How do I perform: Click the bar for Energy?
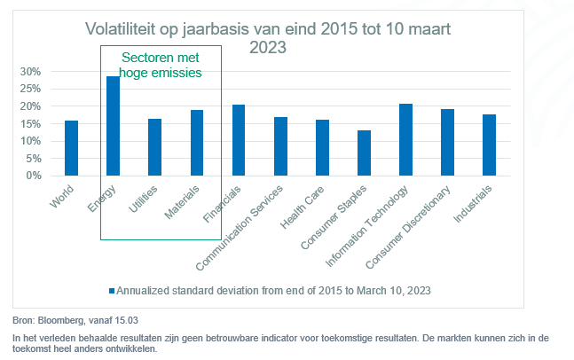click(x=113, y=126)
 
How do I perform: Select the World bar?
click(x=71, y=148)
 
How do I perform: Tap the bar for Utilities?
click(x=154, y=147)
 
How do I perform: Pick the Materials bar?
click(x=197, y=143)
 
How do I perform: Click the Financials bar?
click(x=239, y=140)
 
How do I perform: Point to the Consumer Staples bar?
click(x=364, y=153)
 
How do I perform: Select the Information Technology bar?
click(x=405, y=139)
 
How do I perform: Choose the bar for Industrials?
click(x=489, y=145)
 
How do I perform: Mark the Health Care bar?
click(x=322, y=147)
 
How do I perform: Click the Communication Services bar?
click(x=280, y=146)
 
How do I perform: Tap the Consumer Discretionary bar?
click(x=447, y=142)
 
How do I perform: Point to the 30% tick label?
click(x=30, y=71)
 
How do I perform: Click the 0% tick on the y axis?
click(x=34, y=176)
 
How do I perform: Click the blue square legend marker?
click(x=112, y=290)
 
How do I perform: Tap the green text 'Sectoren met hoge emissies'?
click(x=161, y=66)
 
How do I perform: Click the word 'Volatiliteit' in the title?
click(x=125, y=30)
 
